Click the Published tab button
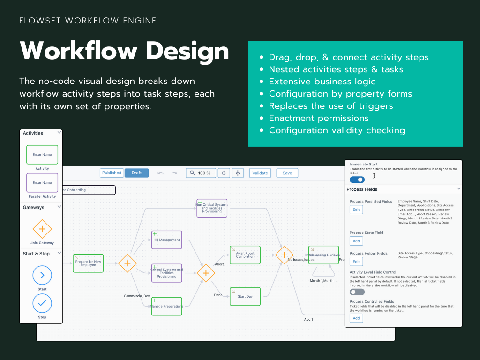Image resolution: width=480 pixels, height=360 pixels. (112, 173)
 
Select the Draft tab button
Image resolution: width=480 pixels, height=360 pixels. (136, 173)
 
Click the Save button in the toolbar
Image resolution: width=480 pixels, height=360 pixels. (287, 173)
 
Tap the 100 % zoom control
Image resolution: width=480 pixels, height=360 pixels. (201, 173)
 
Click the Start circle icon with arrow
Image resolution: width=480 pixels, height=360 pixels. (42, 276)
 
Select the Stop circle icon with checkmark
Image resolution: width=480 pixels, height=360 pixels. (42, 304)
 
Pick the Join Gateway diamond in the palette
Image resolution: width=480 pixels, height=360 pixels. (42, 229)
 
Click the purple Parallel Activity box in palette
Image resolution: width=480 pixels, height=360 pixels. (42, 183)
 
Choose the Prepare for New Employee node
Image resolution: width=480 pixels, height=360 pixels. (88, 263)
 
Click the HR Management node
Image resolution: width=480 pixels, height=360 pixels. (166, 240)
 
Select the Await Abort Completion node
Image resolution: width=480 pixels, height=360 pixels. (245, 255)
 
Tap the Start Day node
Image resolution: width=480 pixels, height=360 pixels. (245, 297)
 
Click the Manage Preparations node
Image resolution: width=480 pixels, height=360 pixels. (166, 306)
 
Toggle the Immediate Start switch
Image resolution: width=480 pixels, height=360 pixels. (357, 180)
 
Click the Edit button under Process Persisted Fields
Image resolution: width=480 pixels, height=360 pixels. (356, 210)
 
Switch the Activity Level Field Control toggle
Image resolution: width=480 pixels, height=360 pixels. (357, 292)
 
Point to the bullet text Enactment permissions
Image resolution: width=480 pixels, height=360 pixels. (319, 118)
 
